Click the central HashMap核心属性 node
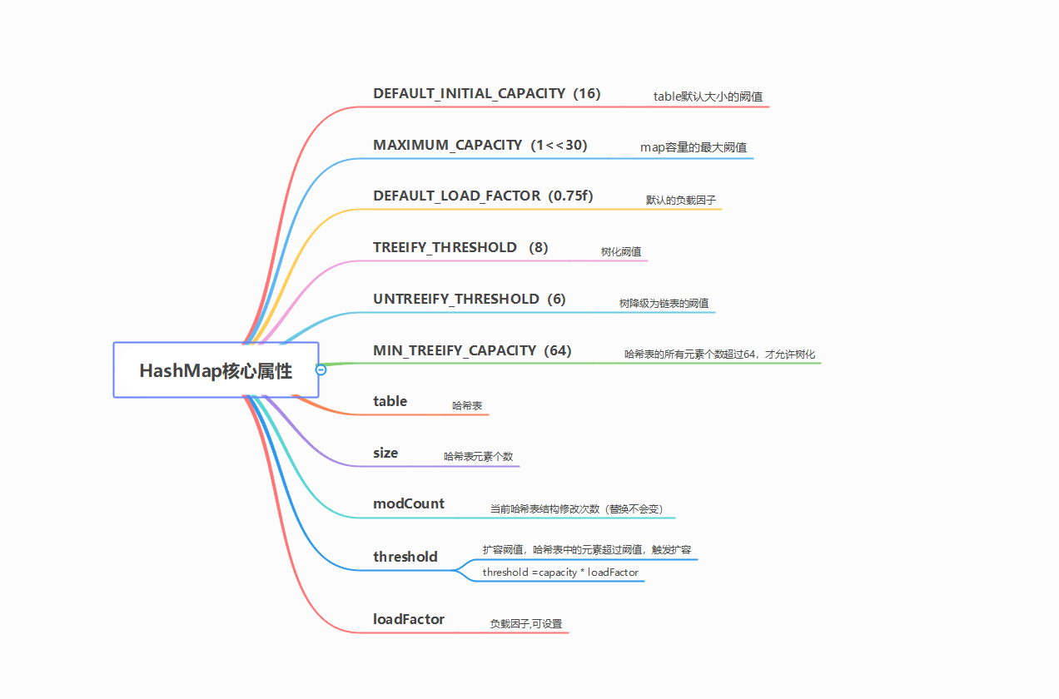coord(216,370)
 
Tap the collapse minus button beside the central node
coord(321,369)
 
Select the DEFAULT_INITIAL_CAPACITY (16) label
coord(486,93)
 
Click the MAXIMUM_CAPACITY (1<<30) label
coord(480,145)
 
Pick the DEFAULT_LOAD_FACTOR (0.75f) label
coord(483,196)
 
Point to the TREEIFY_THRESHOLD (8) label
coord(460,247)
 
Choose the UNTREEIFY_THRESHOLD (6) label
coord(469,299)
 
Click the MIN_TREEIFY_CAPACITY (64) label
coord(472,350)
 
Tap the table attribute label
coord(390,401)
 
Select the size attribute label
coord(385,453)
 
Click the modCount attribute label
coord(409,503)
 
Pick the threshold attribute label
coord(405,557)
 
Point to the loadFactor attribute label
coord(408,619)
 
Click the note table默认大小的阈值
coord(708,97)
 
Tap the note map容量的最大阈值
coord(693,147)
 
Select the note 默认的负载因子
coord(681,200)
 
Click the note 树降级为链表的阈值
coord(664,303)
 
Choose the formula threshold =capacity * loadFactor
coord(560,573)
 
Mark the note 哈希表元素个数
coord(478,457)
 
